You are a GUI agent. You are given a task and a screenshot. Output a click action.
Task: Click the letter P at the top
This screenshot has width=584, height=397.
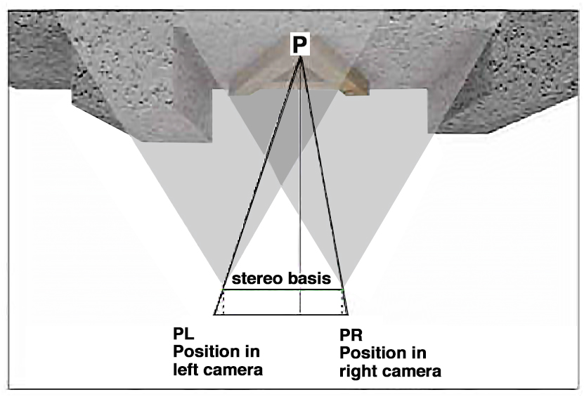[x=300, y=45]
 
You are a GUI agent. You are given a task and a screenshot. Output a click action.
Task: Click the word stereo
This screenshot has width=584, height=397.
[x=259, y=278]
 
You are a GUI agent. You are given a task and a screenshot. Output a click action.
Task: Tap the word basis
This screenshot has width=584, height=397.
[x=310, y=278]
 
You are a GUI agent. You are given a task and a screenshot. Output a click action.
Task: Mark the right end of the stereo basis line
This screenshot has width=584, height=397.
[x=342, y=289]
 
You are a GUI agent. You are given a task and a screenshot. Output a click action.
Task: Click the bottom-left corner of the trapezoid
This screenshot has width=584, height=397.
[x=214, y=314]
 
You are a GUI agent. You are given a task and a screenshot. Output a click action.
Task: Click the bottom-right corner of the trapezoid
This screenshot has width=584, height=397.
[x=349, y=314]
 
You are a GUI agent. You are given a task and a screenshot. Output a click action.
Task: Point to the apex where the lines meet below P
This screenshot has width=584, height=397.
[x=301, y=58]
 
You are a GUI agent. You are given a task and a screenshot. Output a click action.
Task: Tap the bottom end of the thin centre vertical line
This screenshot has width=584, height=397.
[x=301, y=313]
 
